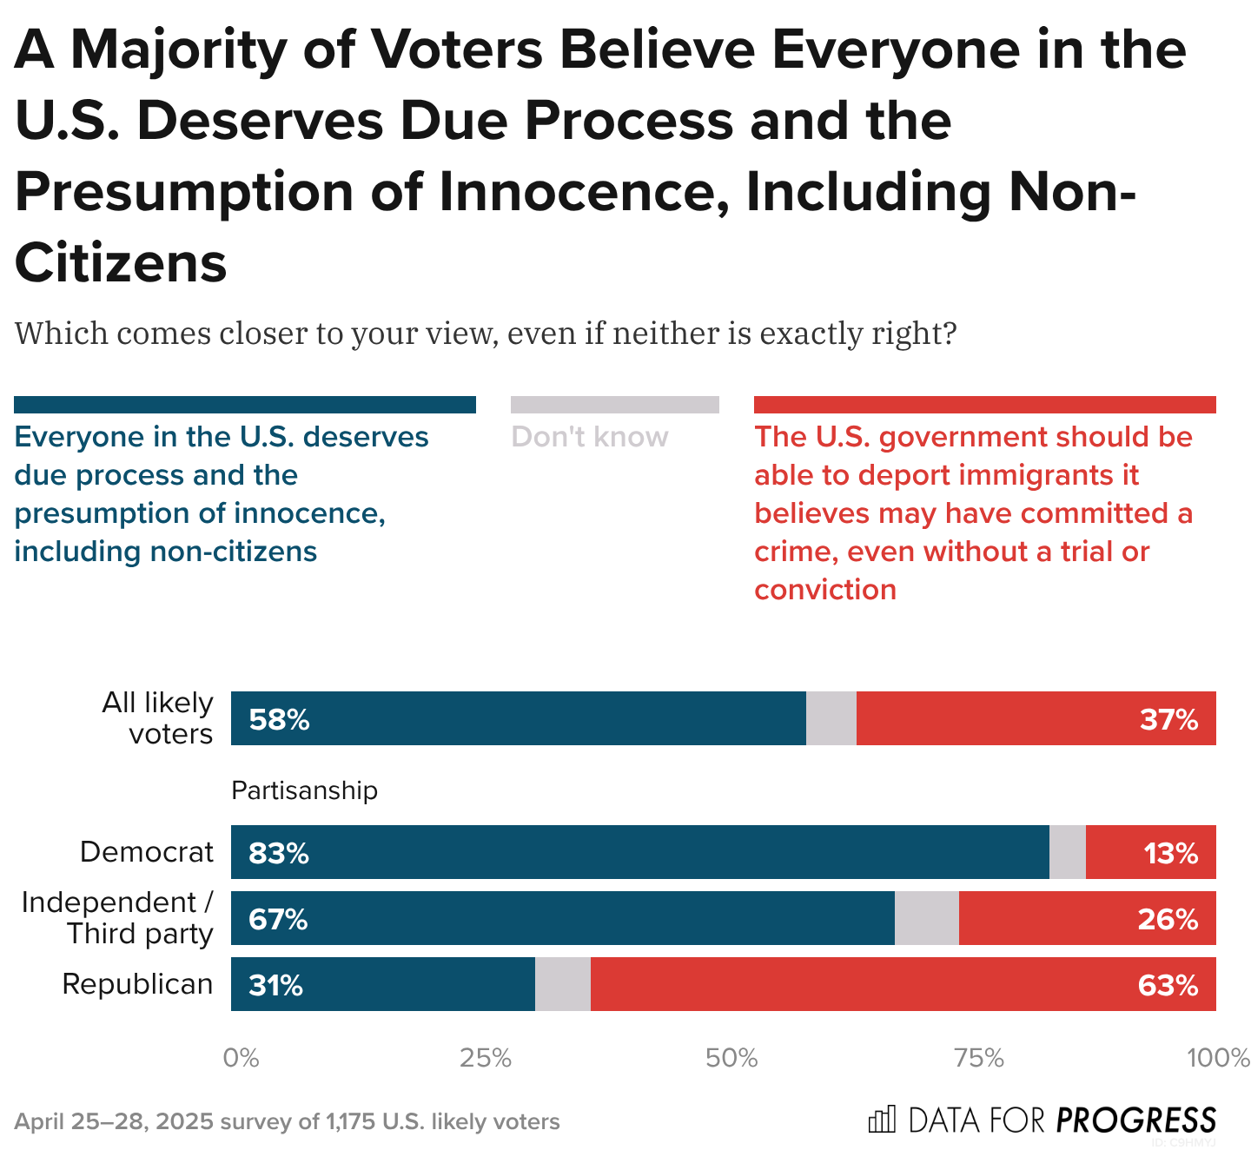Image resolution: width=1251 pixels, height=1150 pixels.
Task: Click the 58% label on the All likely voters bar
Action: point(279,720)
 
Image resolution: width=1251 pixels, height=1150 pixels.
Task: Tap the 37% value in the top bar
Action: point(1168,720)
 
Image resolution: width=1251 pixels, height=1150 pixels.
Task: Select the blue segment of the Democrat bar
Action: point(639,853)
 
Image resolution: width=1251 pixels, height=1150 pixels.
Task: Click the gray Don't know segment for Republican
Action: point(563,985)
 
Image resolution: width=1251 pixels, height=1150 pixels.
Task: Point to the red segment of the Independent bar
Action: point(1087,919)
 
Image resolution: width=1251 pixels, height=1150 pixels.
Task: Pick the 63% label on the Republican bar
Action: point(1168,986)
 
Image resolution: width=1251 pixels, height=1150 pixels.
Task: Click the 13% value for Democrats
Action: point(1170,854)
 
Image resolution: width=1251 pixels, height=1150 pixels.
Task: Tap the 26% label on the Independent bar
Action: point(1168,920)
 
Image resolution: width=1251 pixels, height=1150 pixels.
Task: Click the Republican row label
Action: point(137,984)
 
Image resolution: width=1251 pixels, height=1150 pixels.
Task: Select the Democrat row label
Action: point(146,852)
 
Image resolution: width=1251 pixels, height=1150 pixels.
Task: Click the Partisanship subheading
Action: point(304,790)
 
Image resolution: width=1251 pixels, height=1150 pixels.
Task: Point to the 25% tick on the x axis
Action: point(485,1058)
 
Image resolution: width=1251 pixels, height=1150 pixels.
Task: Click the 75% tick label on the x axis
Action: point(979,1058)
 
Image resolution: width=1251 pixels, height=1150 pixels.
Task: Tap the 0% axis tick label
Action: point(241,1058)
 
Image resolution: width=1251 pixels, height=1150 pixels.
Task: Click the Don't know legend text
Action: point(590,436)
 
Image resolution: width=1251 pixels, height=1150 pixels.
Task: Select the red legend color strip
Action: point(984,405)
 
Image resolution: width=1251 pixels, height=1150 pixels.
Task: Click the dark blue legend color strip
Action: point(244,405)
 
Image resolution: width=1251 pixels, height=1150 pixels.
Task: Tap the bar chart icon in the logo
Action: point(881,1120)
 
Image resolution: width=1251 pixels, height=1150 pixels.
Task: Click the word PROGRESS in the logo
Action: point(1135,1120)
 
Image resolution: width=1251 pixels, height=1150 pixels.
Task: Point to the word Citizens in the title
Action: point(121,262)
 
